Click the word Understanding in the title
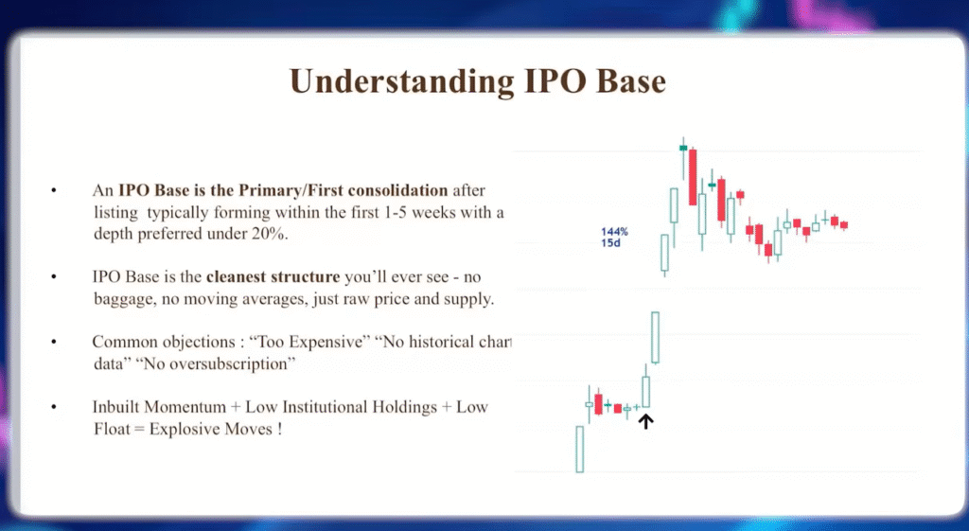pyautogui.click(x=387, y=81)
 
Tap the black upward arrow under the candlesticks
pyautogui.click(x=646, y=421)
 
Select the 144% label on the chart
pyautogui.click(x=614, y=231)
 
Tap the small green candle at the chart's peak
pyautogui.click(x=683, y=148)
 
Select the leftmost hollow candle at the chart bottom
pyautogui.click(x=579, y=449)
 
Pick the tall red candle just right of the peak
pyautogui.click(x=693, y=177)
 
